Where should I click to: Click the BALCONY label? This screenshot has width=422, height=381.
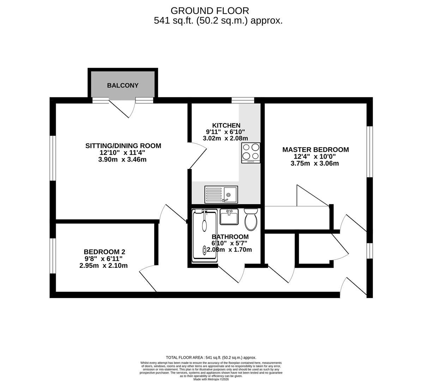(122, 85)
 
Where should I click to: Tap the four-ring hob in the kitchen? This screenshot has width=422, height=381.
(251, 152)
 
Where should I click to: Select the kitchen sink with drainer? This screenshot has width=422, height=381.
(221, 194)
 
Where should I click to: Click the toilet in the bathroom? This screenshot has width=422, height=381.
(251, 219)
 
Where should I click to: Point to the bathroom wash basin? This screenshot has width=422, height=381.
(229, 216)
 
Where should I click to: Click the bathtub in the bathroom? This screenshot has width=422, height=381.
(204, 235)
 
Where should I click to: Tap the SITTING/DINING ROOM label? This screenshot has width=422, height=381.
(123, 146)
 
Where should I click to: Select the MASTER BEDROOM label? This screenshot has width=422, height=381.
(315, 150)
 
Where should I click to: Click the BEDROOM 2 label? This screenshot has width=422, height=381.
(104, 252)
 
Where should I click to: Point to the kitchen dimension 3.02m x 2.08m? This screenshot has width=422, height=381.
(225, 138)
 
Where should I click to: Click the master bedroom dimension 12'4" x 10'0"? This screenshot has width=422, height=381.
(315, 157)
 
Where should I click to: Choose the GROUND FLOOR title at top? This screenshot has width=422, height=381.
(210, 11)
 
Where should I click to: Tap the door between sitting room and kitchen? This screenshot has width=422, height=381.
(198, 156)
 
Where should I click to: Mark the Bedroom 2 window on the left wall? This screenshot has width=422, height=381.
(53, 256)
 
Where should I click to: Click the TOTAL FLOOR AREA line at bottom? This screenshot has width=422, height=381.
(211, 357)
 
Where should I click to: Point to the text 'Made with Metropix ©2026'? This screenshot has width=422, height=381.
(211, 379)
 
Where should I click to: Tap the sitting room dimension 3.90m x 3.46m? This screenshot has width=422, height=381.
(122, 159)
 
